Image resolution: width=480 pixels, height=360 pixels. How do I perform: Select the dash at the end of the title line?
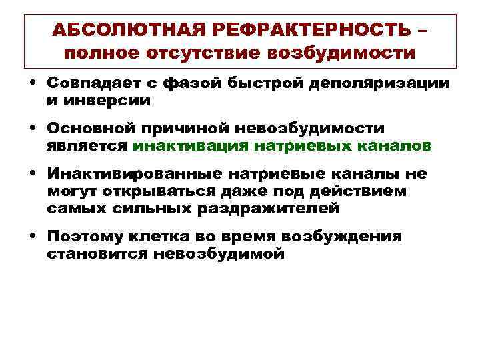[x=423, y=29]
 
